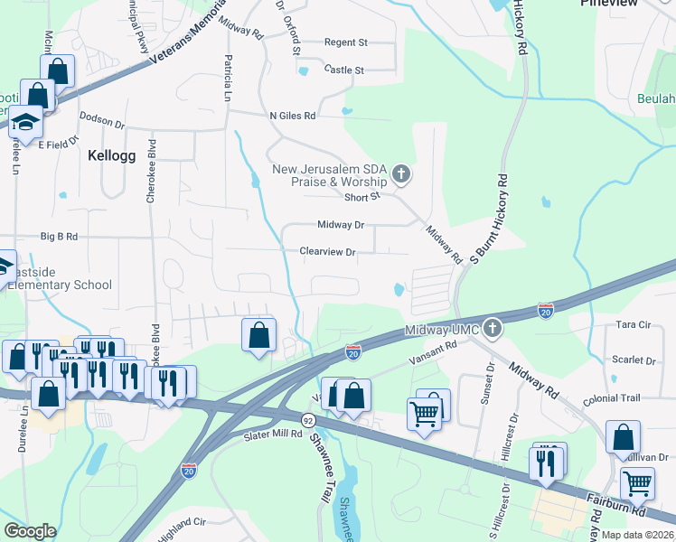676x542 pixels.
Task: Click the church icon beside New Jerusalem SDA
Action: [401, 174]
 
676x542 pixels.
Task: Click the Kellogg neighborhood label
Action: [111, 155]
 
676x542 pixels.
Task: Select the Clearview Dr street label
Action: [327, 252]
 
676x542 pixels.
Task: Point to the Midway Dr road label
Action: [341, 224]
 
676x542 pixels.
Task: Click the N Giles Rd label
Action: [292, 116]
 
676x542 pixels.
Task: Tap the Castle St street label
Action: [343, 70]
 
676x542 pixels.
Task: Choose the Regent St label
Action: [346, 42]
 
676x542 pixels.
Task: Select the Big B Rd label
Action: [60, 237]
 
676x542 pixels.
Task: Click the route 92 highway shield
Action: [308, 419]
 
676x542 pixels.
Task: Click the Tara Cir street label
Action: [633, 324]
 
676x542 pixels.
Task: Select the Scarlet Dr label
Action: [634, 360]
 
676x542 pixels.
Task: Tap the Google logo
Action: [30, 531]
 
